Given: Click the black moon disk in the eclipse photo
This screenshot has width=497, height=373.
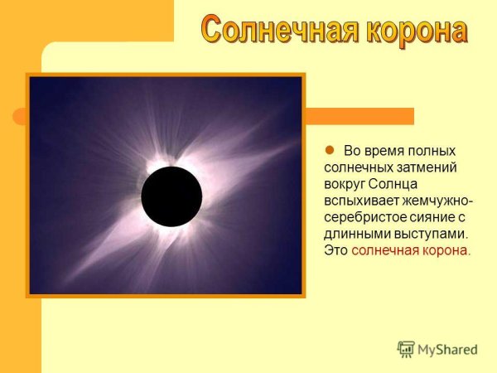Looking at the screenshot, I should coord(171,196).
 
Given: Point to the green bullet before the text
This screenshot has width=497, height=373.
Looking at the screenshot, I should coord(327,151).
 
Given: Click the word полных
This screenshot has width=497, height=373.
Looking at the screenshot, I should coord(436,152).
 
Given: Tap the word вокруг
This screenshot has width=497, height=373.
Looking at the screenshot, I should coord(343,185).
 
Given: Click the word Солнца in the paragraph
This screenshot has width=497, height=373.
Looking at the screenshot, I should coord(393,185).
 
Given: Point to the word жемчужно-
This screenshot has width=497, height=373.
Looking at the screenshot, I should coord(436,201).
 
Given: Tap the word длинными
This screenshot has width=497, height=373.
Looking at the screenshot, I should coord(354,235).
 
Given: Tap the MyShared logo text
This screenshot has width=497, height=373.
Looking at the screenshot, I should coord(447,350).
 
